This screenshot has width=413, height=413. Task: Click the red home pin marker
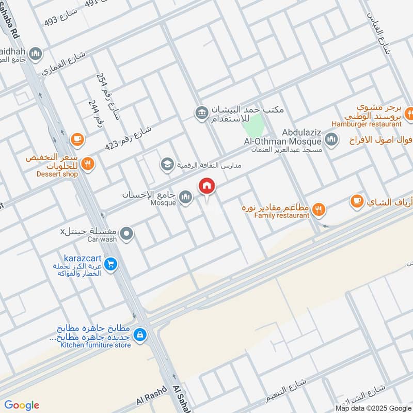[207, 186]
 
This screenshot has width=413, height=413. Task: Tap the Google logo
[22, 405]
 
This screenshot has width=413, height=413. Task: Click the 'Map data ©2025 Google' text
[372, 407]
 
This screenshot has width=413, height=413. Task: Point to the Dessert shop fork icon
[88, 164]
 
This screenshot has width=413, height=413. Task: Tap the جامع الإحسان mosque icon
[186, 197]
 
